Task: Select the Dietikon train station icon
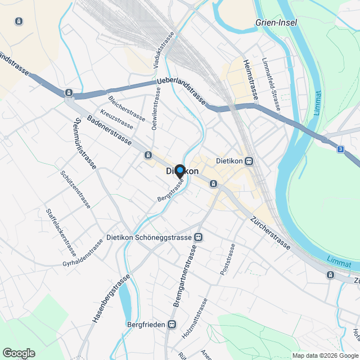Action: pos(249,161)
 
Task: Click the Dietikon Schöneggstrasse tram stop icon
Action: pos(199,238)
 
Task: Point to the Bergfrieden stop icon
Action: pos(172,325)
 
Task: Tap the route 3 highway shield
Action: pos(340,149)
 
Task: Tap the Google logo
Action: pos(19,353)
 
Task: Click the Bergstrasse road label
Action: pos(171,192)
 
